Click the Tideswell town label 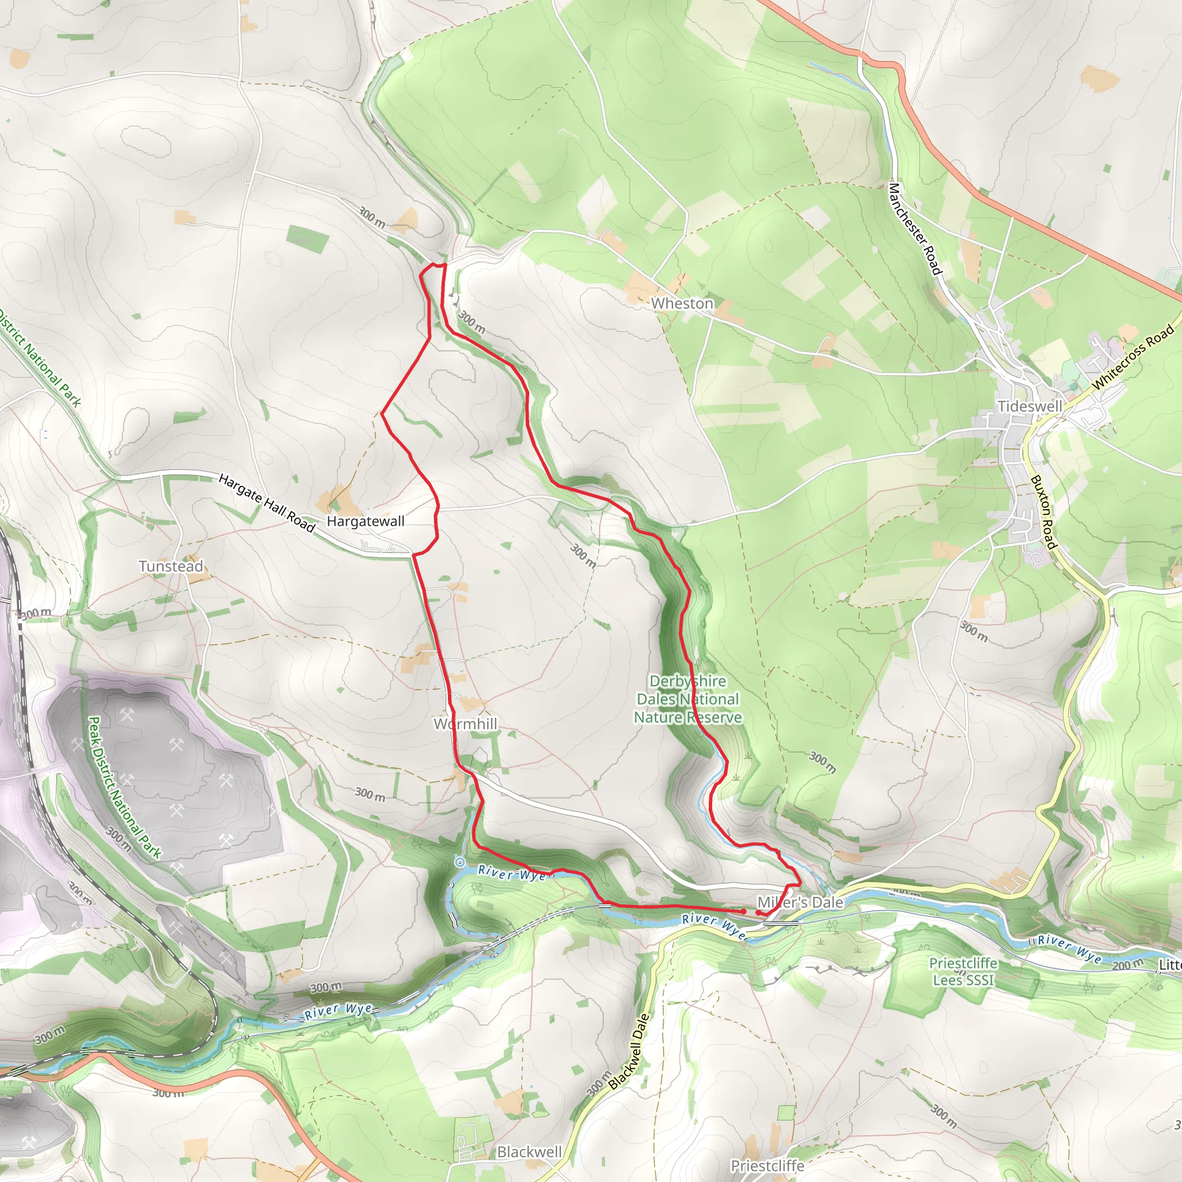pyautogui.click(x=1030, y=406)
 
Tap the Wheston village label pyautogui.click(x=682, y=304)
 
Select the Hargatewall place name pyautogui.click(x=365, y=521)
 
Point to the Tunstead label pyautogui.click(x=171, y=566)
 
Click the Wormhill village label pyautogui.click(x=465, y=724)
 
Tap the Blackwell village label pyautogui.click(x=529, y=1152)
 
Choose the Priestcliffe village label pyautogui.click(x=767, y=1165)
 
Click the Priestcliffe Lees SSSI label pyautogui.click(x=964, y=971)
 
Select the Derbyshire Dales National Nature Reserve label pyautogui.click(x=689, y=699)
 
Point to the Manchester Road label pyautogui.click(x=915, y=229)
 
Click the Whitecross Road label pyautogui.click(x=1133, y=357)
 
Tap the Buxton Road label pyautogui.click(x=1043, y=512)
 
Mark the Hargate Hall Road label pyautogui.click(x=267, y=503)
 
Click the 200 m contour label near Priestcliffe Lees pyautogui.click(x=1128, y=965)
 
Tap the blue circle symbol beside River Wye pyautogui.click(x=459, y=862)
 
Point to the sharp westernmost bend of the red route pyautogui.click(x=383, y=414)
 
